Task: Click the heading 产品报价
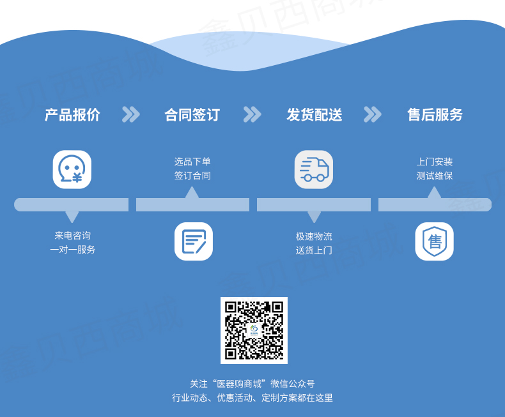pyautogui.click(x=72, y=115)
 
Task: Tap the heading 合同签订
pyautogui.click(x=192, y=115)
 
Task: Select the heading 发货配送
pyautogui.click(x=315, y=115)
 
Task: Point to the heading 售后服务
pyautogui.click(x=435, y=115)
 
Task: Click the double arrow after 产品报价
pyautogui.click(x=131, y=114)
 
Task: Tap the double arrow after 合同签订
pyautogui.click(x=252, y=114)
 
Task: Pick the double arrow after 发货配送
pyautogui.click(x=372, y=114)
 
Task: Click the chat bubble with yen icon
pyautogui.click(x=72, y=169)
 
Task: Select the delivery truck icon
pyautogui.click(x=314, y=169)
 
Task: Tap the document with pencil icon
pyautogui.click(x=194, y=241)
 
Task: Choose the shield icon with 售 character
pyautogui.click(x=435, y=241)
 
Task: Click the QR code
pyautogui.click(x=254, y=330)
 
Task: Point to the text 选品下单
pyautogui.click(x=192, y=162)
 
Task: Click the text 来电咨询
pyautogui.click(x=72, y=236)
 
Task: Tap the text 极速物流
pyautogui.click(x=314, y=236)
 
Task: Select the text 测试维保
pyautogui.click(x=435, y=176)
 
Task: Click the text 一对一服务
pyautogui.click(x=72, y=249)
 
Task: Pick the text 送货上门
pyautogui.click(x=314, y=250)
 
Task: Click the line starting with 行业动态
pyautogui.click(x=252, y=398)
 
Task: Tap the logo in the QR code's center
pyautogui.click(x=254, y=330)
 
